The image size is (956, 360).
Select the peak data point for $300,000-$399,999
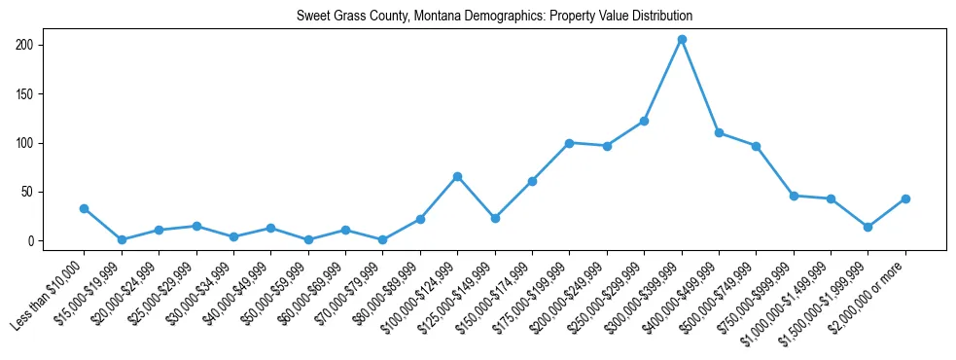(682, 39)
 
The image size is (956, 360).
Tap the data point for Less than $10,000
(84, 208)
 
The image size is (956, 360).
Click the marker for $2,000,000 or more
(905, 198)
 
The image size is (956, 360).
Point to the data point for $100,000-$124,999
(457, 176)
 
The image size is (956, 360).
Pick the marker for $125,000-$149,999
(495, 218)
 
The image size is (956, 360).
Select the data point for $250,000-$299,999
(644, 121)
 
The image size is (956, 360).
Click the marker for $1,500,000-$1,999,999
(868, 227)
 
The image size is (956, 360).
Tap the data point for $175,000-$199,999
(569, 143)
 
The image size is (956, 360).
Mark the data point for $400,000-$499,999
(719, 132)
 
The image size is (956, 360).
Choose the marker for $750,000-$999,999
(794, 196)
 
